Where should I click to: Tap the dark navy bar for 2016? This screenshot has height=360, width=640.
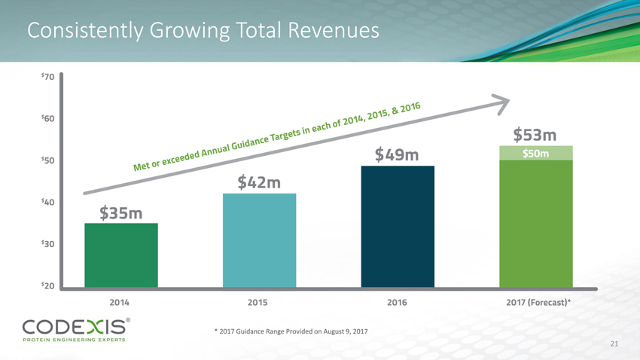398,226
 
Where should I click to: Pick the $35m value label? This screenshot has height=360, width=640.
120,214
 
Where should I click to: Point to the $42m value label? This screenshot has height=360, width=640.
259,182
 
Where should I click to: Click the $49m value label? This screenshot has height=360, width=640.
397,155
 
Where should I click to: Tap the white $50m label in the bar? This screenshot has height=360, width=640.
535,154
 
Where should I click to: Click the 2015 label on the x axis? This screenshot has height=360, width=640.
259,302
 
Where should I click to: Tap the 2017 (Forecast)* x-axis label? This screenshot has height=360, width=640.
538,302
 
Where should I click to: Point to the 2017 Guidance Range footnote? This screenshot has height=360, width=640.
291,332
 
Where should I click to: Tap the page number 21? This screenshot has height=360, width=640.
614,344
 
